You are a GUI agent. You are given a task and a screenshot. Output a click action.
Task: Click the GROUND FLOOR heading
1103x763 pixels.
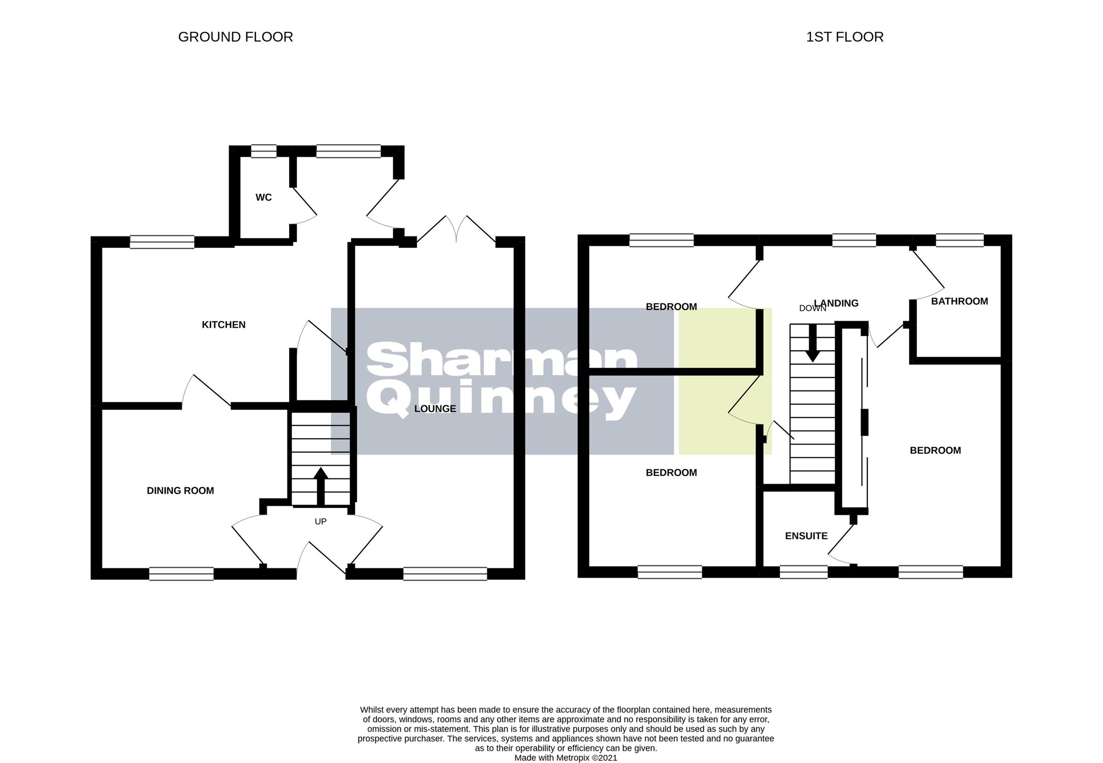point(235,37)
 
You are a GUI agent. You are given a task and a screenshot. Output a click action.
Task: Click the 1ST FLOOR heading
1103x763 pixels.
point(844,37)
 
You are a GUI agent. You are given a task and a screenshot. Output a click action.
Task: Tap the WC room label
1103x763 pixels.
point(263,198)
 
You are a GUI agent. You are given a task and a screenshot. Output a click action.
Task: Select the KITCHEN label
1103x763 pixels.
point(224,325)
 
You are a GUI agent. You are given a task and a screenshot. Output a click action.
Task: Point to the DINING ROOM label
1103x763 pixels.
point(180,490)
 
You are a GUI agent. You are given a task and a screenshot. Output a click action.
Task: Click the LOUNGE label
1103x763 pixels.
point(435,409)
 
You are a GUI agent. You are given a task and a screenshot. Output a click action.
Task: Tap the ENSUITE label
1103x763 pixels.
point(806,536)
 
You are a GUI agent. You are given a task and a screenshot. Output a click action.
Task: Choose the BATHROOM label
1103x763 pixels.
point(960,301)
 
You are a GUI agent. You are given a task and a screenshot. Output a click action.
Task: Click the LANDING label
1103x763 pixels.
point(836,303)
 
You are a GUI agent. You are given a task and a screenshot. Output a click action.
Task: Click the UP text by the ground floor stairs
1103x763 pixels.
point(321,522)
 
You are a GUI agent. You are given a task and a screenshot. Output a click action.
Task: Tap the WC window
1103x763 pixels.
point(264,151)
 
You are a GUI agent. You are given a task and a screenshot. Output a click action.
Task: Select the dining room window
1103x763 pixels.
point(181,574)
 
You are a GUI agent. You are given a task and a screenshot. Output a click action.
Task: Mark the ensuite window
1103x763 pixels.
point(803,572)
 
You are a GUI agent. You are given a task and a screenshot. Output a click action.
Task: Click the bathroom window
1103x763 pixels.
point(960,240)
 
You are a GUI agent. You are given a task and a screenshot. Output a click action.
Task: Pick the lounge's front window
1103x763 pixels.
point(445,574)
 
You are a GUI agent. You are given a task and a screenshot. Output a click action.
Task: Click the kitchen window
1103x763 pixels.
point(162,242)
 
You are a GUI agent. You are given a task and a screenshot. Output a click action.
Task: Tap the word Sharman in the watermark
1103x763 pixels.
point(502,360)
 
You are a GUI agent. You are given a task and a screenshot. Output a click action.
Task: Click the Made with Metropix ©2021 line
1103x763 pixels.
point(566,758)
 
